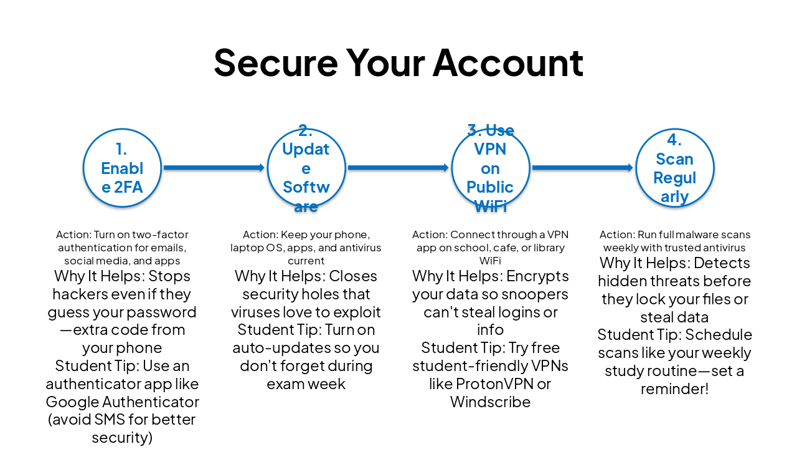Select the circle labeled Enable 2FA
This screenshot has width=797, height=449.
tap(122, 168)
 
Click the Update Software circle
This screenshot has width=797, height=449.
tap(306, 168)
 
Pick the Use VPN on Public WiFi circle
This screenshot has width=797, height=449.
tap(491, 168)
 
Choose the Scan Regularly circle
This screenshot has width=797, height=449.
tap(675, 168)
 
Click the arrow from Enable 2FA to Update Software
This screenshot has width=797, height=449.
tap(214, 168)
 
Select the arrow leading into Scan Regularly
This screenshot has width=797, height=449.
tap(583, 168)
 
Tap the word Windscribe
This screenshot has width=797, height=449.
tap(490, 402)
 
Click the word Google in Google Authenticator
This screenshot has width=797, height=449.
tap(72, 402)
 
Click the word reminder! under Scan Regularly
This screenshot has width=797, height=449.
tap(674, 389)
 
